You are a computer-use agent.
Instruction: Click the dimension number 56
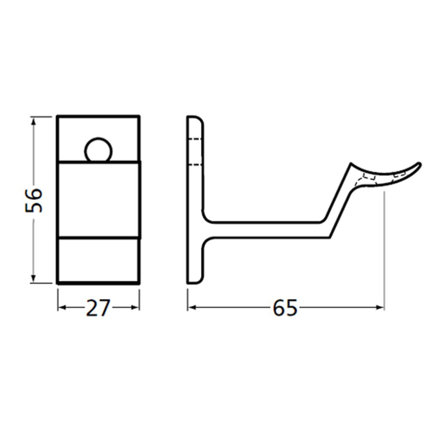34,200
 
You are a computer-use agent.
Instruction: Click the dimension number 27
98,308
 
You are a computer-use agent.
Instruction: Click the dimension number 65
285,308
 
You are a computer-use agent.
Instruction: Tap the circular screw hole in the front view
98,150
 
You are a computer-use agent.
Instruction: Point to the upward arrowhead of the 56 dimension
34,120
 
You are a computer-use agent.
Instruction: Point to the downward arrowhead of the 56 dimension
34,279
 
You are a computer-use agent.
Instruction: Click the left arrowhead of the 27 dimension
61,307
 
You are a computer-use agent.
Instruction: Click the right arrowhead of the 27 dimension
136,307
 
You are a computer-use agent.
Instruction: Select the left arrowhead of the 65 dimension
192,307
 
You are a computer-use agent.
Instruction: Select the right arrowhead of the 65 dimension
380,307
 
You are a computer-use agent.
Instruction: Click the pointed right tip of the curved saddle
419,164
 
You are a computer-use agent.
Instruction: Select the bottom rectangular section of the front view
98,260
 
